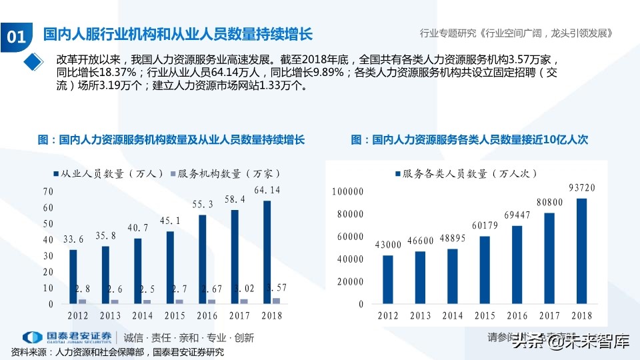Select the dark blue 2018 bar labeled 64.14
[267, 252]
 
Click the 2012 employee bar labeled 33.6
[73, 277]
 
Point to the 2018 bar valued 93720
[582, 251]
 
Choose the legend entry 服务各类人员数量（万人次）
[466, 173]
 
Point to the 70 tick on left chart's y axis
[47, 191]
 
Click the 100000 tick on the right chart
[347, 192]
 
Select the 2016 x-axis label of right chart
[517, 315]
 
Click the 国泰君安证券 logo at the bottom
[67, 338]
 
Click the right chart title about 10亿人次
[469, 140]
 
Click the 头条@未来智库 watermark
[570, 343]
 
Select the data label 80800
[550, 202]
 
